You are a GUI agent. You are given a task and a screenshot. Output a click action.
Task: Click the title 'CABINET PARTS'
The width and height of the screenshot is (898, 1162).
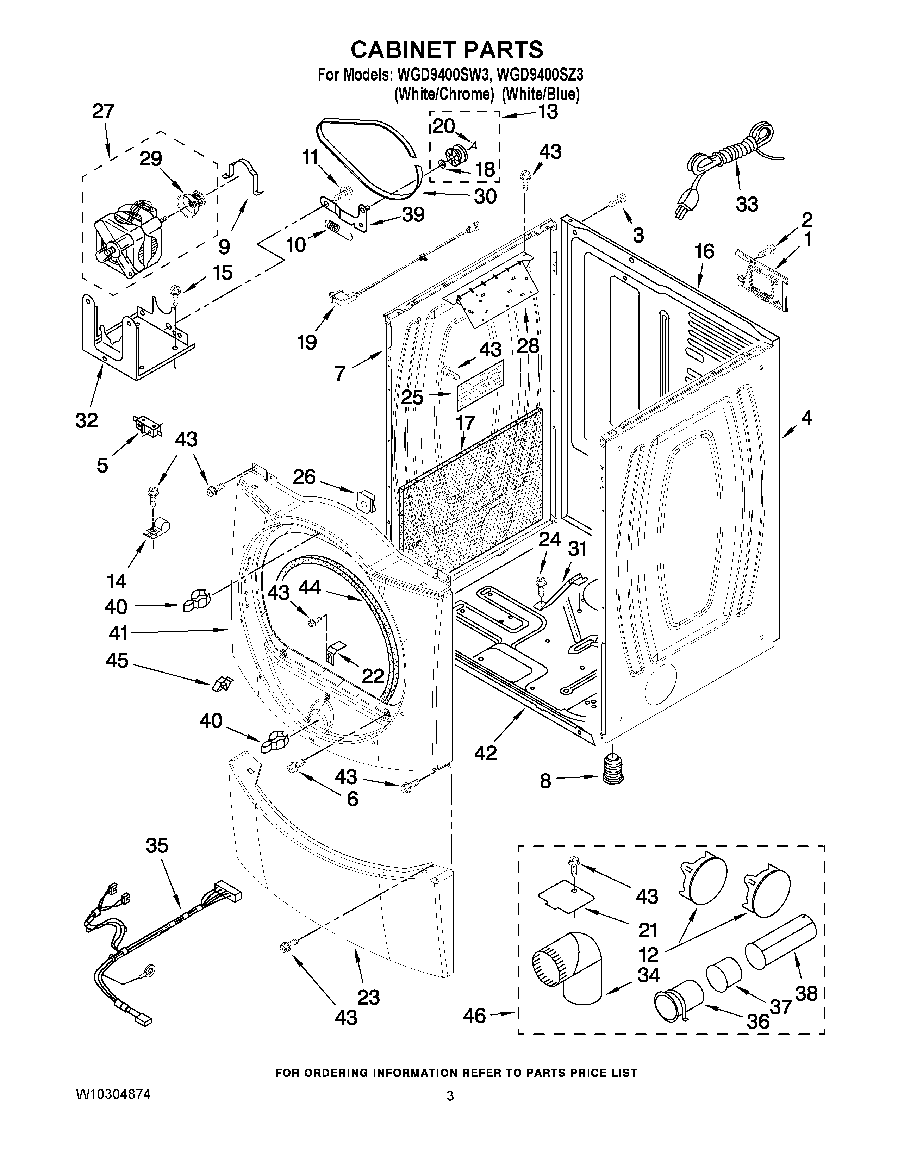[447, 50]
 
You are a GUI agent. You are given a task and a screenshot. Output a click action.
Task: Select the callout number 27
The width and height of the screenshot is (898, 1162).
[103, 111]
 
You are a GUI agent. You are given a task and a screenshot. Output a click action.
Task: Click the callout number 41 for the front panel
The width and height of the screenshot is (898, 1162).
[118, 633]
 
